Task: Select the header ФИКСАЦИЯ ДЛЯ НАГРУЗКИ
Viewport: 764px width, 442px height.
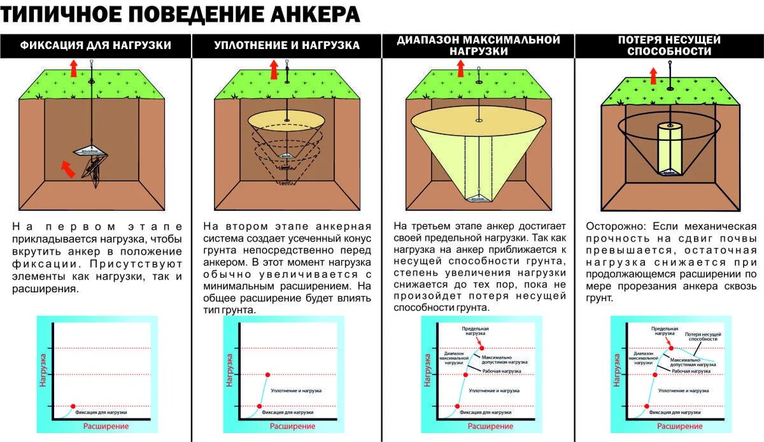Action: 95,45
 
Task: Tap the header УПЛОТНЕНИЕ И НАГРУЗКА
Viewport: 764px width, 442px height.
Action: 286,45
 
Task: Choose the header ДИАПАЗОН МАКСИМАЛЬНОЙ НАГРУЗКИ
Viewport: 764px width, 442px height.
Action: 478,45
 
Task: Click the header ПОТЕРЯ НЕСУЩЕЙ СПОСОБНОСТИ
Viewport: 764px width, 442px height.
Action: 669,45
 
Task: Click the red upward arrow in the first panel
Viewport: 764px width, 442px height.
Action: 73,67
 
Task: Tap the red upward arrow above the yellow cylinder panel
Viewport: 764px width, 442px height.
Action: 653,76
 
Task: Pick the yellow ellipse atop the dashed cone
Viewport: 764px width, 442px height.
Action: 286,120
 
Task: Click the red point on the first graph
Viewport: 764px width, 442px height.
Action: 73,406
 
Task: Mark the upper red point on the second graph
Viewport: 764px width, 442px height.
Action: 267,374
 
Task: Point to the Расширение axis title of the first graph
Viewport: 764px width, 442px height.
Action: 106,426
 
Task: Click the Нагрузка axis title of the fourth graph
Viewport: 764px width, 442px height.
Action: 616,370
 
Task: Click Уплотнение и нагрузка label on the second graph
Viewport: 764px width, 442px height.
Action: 296,390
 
